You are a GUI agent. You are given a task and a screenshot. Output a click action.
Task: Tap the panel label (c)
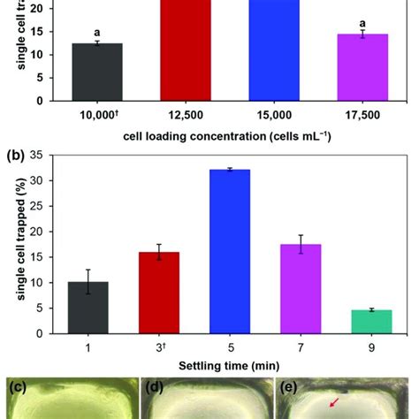[x=17, y=386]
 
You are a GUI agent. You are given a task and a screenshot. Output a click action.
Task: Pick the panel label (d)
[x=156, y=387]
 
